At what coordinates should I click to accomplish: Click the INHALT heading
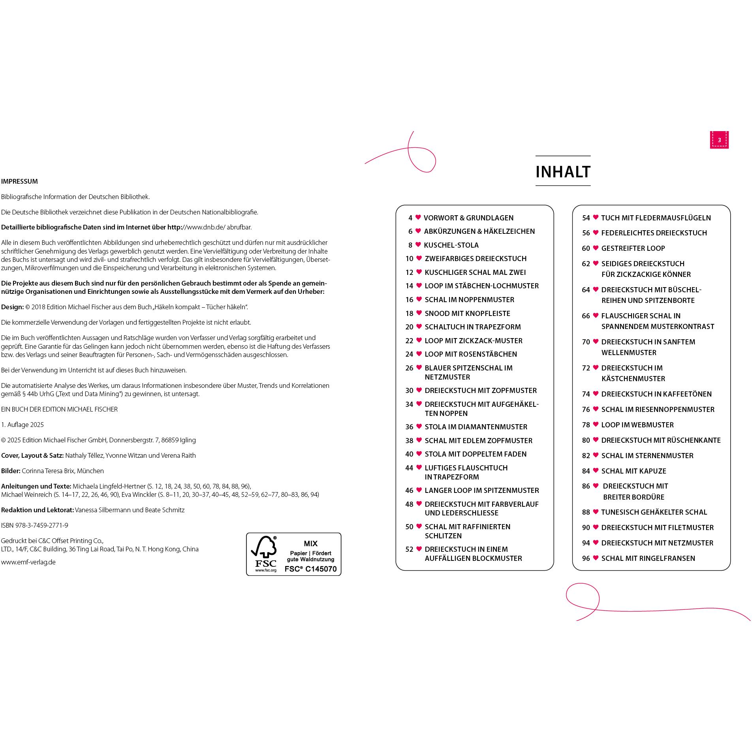563,171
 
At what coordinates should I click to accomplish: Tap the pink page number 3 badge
719,140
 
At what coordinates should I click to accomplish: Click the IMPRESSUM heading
19,181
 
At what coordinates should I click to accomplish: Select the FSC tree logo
264,554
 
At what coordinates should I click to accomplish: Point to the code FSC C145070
310,569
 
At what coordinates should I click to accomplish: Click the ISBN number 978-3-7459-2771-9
35,525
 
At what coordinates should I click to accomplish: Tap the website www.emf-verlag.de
28,562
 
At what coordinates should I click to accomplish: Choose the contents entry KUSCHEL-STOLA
451,245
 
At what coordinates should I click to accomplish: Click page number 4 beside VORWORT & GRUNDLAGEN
410,218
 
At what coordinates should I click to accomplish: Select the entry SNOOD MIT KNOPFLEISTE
467,313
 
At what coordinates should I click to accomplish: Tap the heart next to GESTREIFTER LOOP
595,248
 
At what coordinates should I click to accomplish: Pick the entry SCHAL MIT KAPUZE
634,471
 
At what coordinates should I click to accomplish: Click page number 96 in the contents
586,558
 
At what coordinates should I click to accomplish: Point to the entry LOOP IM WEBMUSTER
637,425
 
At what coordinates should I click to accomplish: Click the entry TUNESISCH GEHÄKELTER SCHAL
654,512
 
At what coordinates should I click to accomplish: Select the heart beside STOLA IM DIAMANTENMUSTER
419,427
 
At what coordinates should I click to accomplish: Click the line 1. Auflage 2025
23,425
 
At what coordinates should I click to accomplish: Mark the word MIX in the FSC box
310,543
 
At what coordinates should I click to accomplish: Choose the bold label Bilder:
11,471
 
